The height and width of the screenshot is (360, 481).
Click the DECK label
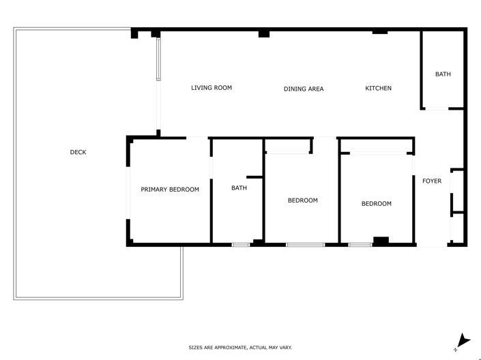[x=78, y=152]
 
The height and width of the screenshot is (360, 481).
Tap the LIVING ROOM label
[x=212, y=88]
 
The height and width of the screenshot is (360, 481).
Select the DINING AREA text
[x=304, y=89]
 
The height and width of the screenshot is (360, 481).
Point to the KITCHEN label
[x=379, y=88]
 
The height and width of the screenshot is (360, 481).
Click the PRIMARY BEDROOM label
[x=170, y=190]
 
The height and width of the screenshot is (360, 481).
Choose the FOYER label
[x=432, y=181]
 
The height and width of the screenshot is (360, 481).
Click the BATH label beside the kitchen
[x=443, y=74]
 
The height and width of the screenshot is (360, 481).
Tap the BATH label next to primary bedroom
[x=239, y=188]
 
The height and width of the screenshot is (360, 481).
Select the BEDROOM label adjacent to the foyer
[x=377, y=203]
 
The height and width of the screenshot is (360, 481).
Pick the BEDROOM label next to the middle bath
[x=302, y=200]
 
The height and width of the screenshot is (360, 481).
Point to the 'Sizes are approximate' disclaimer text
[x=240, y=348]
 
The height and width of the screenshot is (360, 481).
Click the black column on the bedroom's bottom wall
[x=381, y=240]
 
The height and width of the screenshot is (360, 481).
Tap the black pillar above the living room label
[x=263, y=33]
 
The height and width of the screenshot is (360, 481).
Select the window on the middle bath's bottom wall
[x=240, y=244]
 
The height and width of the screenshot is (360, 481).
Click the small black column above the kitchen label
[x=379, y=31]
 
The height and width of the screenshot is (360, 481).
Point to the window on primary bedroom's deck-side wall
[x=128, y=194]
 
